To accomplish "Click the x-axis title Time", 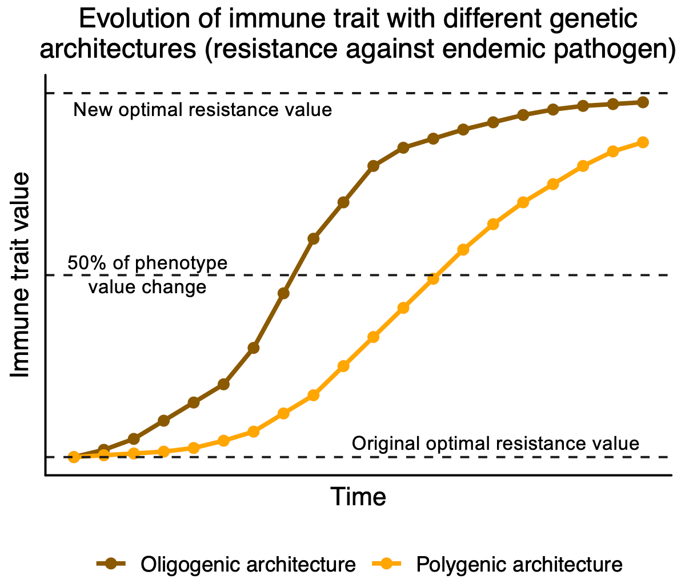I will (359, 497).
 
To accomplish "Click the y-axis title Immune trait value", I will (21, 275).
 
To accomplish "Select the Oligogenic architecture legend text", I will (248, 564).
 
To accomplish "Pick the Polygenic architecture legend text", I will (519, 564).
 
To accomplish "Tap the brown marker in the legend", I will (113, 564).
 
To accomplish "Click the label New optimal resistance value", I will (203, 109).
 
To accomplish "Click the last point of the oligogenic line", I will (643, 102).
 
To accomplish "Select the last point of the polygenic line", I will (643, 142).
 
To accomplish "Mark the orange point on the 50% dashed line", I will (433, 279).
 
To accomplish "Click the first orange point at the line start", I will (74, 457).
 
